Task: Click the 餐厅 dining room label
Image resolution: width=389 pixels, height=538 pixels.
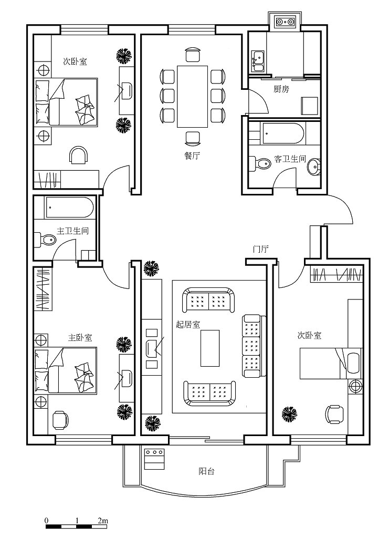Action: [192, 156]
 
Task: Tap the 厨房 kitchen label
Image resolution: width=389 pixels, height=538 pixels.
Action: [281, 89]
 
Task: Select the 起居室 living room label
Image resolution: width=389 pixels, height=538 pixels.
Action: [188, 324]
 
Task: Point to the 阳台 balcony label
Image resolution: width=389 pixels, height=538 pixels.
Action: [207, 471]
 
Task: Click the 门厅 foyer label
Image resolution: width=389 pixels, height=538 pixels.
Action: [260, 249]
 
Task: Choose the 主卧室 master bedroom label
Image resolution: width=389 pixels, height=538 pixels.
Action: [80, 337]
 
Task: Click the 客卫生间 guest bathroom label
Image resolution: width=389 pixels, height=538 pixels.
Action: [290, 159]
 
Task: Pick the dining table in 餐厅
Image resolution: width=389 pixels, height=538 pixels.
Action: [192, 97]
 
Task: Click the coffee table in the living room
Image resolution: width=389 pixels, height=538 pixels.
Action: [210, 348]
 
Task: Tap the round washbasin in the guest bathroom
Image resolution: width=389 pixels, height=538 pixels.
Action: [314, 167]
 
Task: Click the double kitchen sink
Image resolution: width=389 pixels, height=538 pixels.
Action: [258, 61]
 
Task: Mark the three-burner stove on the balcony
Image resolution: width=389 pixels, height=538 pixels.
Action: [154, 459]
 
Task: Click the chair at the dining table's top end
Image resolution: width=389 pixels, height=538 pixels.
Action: [192, 55]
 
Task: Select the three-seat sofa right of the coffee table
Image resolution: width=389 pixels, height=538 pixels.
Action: [254, 346]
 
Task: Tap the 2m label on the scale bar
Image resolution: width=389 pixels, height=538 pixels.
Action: [102, 521]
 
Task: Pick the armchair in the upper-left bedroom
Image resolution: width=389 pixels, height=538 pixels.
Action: [79, 156]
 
